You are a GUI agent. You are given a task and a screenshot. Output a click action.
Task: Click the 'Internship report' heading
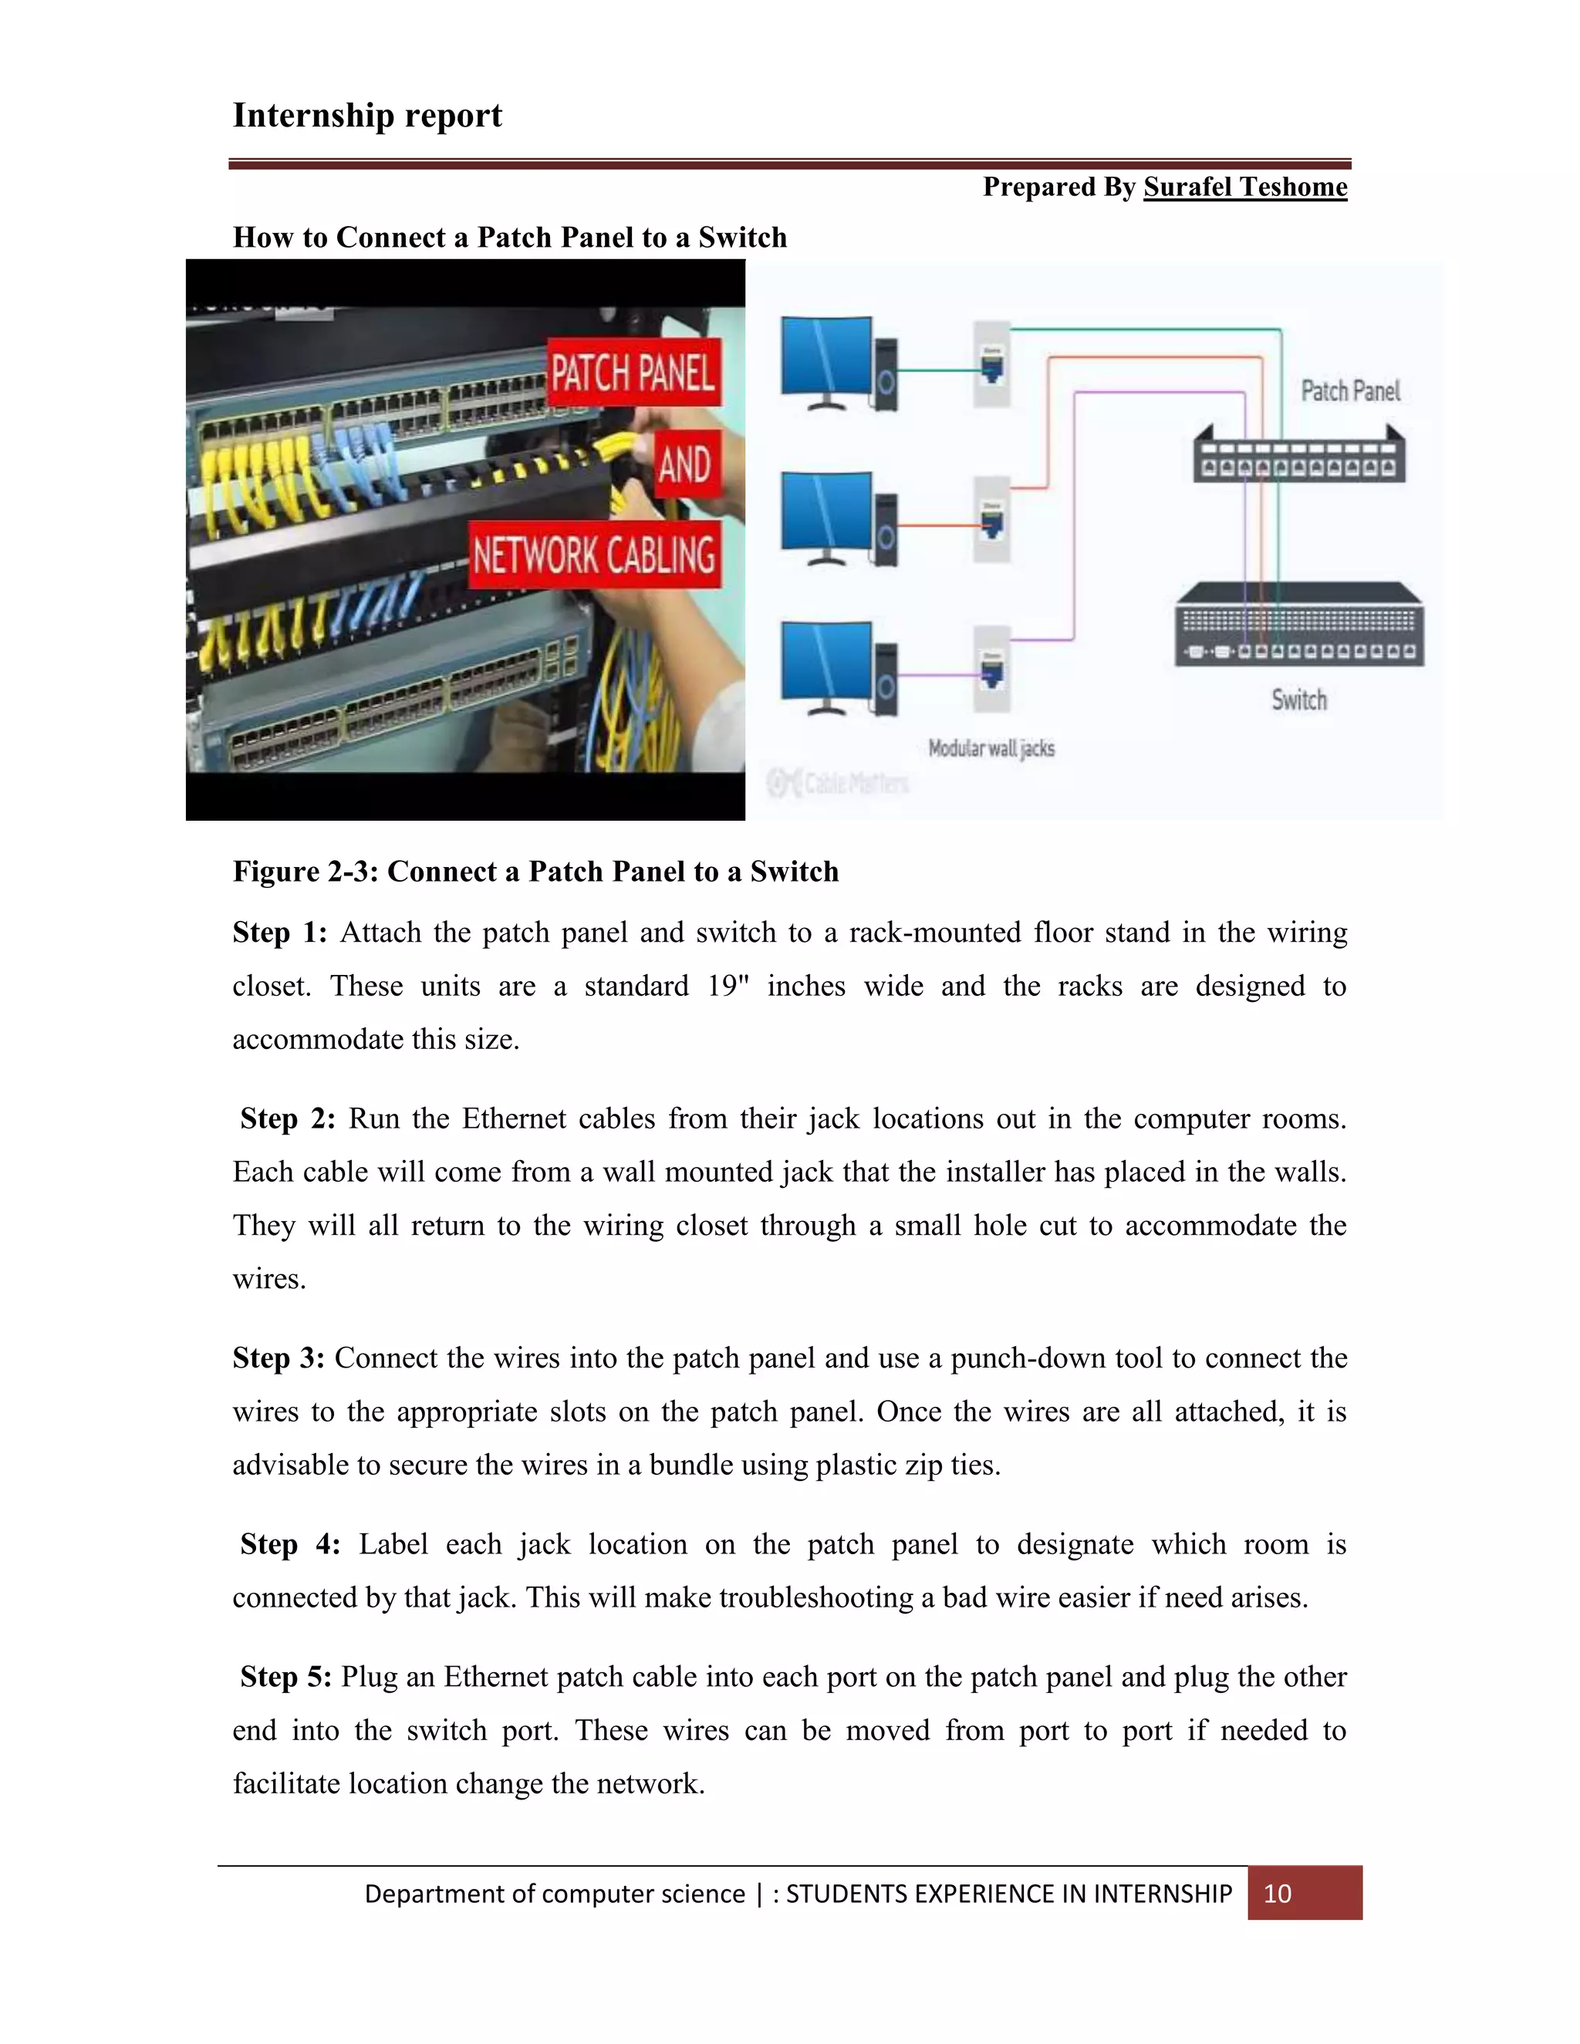tap(367, 115)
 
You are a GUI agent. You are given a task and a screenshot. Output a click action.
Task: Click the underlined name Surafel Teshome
tap(1245, 187)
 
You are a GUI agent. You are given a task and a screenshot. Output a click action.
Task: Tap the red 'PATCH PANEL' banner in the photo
tap(633, 373)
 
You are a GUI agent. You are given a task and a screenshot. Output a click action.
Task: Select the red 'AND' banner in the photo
tap(685, 464)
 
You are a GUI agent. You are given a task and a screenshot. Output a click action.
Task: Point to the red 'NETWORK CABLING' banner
tap(594, 555)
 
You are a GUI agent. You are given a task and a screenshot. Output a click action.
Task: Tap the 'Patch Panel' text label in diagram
tap(1350, 391)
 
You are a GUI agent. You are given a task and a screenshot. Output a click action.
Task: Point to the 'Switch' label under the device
tap(1299, 700)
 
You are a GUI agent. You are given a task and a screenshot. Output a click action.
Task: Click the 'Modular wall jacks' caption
tap(991, 749)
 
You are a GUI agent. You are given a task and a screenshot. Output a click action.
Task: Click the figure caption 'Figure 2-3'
tap(535, 872)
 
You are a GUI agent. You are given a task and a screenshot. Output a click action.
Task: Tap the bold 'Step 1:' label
tap(279, 933)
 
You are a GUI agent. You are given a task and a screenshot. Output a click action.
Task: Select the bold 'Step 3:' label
tap(278, 1358)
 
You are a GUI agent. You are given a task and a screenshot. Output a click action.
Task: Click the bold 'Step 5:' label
tap(285, 1676)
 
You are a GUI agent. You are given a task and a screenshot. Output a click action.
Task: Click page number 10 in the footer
tap(1278, 1894)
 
